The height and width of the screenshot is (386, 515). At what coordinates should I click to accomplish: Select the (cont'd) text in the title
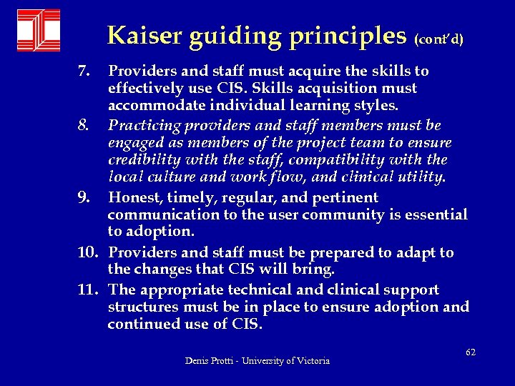(x=438, y=38)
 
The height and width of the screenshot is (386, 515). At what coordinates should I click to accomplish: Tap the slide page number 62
(x=470, y=352)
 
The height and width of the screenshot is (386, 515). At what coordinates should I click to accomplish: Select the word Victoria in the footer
(x=313, y=362)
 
